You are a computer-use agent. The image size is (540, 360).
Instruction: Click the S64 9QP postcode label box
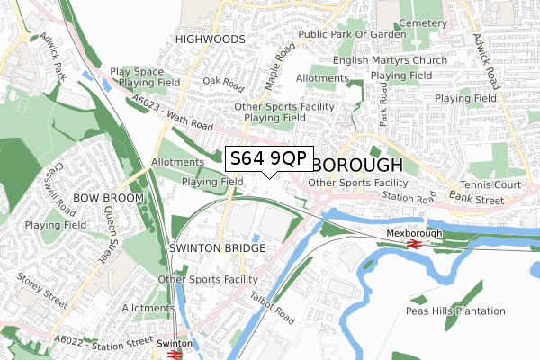coord(268,158)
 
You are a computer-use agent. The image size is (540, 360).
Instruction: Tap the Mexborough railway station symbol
coord(415,243)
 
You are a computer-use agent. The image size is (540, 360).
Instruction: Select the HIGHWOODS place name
coord(210,40)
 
